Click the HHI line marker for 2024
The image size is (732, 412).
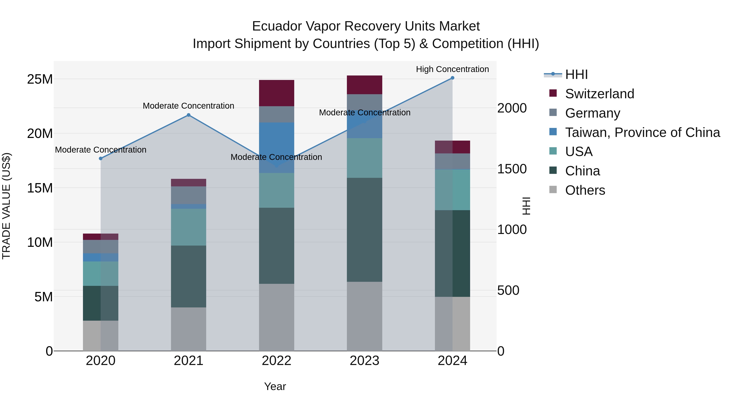[x=452, y=78]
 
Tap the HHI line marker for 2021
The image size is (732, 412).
[x=188, y=115]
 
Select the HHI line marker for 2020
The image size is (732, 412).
[x=101, y=158]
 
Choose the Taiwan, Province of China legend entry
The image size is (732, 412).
[x=642, y=132]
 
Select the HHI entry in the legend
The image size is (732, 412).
[x=576, y=74]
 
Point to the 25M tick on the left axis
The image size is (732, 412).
[x=40, y=79]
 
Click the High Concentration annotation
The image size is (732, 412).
[x=452, y=69]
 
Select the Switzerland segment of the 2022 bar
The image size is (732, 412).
[x=277, y=93]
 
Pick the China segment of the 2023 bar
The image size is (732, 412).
[x=365, y=230]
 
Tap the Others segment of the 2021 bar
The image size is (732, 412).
[x=188, y=329]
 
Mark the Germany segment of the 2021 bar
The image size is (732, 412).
[x=188, y=195]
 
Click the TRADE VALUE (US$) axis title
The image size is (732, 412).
[x=6, y=206]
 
